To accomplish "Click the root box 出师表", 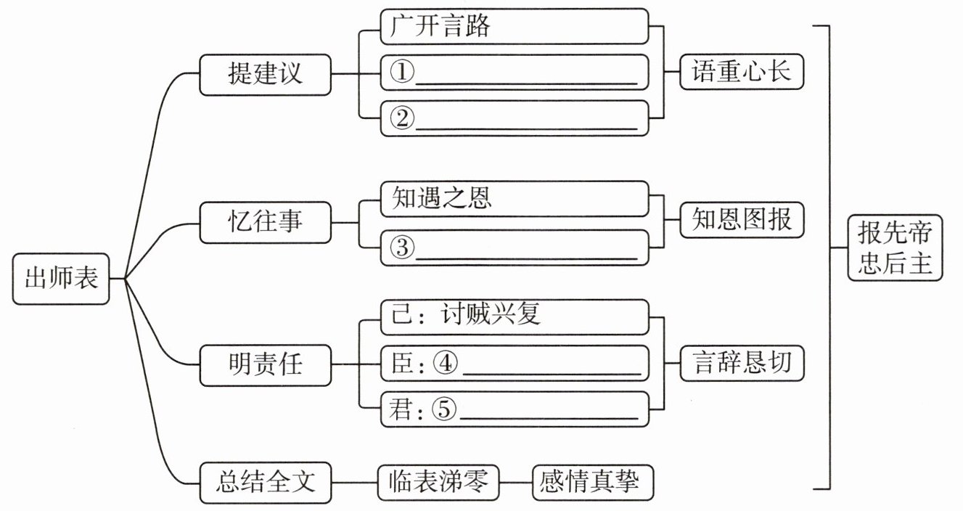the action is (61, 279).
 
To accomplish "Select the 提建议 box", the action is (266, 75).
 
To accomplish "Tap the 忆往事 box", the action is (266, 222).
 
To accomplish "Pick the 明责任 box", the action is (266, 365).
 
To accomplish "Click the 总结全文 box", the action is (266, 483).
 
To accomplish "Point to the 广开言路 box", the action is (515, 26).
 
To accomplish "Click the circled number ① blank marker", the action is (402, 72).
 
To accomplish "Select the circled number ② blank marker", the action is (402, 118).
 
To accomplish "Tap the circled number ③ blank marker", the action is (402, 248).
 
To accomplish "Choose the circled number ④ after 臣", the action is (445, 363).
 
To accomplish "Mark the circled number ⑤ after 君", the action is (443, 409).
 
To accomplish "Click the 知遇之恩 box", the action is (515, 199).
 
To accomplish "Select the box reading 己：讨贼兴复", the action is (515, 317).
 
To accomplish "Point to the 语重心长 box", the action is (742, 71).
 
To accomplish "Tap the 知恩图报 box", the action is (742, 219).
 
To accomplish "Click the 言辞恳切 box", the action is (742, 363).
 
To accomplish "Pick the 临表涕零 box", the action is (438, 482).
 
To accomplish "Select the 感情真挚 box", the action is (593, 482).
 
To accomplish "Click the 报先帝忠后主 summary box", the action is (895, 248).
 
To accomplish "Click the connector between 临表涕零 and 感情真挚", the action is (516, 482).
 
